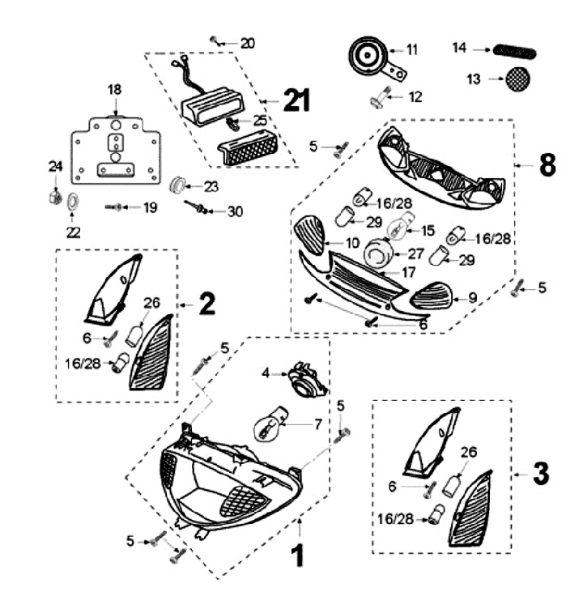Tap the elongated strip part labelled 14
(514, 49)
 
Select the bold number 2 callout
(206, 305)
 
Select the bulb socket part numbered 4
(304, 379)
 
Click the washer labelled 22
(71, 200)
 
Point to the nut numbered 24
(55, 196)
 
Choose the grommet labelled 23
(177, 184)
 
